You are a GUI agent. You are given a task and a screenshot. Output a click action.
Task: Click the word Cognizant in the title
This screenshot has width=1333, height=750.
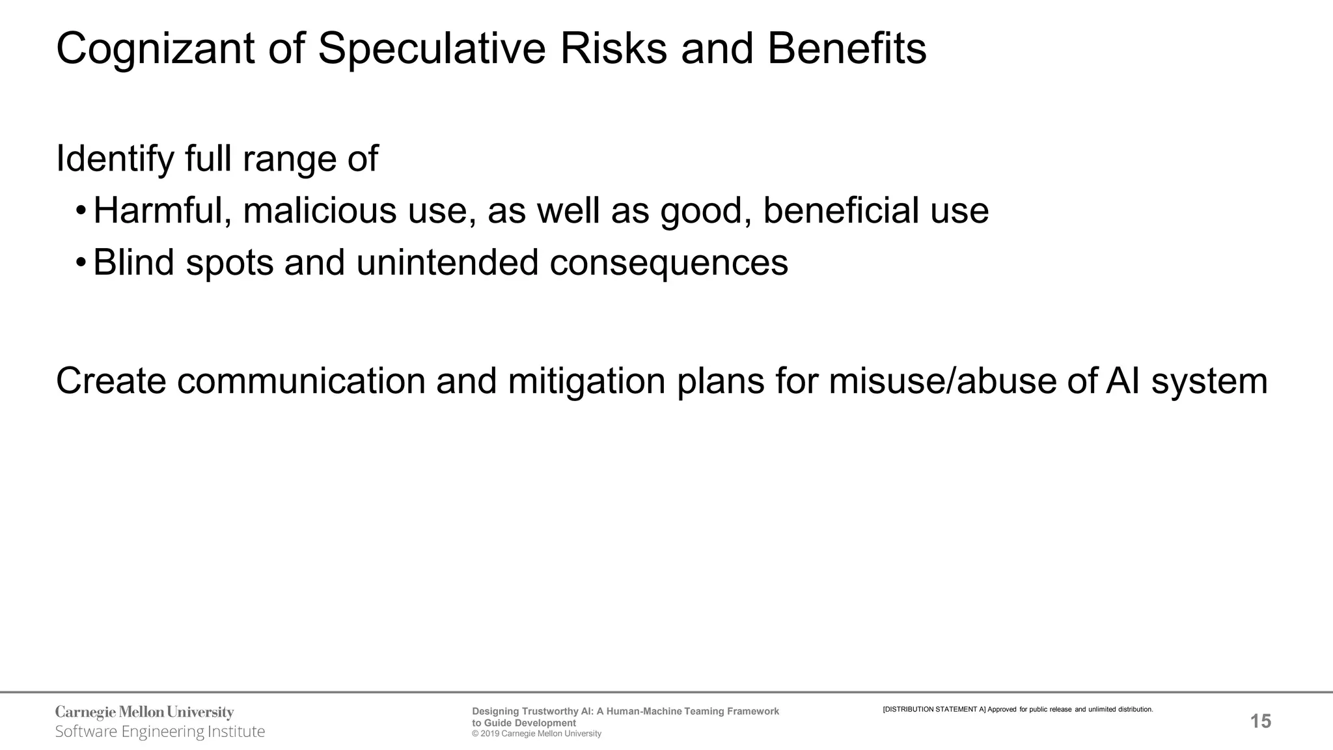(155, 49)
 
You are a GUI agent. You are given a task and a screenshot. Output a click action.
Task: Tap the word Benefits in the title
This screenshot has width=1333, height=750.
(846, 49)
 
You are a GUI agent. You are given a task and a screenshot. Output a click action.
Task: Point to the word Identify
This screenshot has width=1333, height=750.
(115, 159)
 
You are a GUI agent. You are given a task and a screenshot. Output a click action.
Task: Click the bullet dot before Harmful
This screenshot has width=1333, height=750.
(80, 212)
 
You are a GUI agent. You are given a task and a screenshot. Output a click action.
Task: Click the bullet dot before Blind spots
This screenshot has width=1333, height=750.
(80, 263)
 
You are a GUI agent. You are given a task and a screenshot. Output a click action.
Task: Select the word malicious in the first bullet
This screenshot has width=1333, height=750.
(320, 211)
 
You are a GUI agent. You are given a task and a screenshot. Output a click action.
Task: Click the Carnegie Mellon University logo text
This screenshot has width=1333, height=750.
(144, 712)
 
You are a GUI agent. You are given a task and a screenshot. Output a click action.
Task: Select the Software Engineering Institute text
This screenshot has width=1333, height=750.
(160, 732)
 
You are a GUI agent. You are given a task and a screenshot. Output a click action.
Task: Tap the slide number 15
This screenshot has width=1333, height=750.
(1261, 721)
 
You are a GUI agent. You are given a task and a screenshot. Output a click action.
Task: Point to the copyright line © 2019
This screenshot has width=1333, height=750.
(536, 734)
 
